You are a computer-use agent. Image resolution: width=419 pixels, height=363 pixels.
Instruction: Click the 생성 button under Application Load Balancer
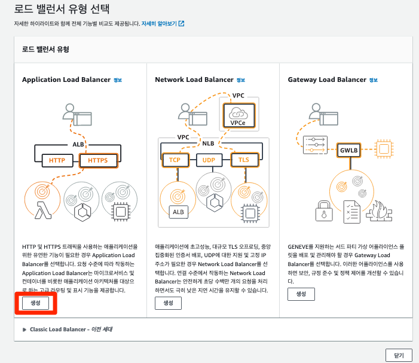(35, 303)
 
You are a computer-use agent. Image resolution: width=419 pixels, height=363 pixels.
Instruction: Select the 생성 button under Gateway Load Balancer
(301, 294)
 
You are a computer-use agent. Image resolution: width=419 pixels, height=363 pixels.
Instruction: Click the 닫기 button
(399, 355)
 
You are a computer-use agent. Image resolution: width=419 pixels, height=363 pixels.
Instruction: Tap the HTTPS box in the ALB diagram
(97, 160)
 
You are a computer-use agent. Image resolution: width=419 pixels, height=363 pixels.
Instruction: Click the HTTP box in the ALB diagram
(57, 160)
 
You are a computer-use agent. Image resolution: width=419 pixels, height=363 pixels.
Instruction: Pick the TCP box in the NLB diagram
(175, 160)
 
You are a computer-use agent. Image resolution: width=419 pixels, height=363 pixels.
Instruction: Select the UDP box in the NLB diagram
(209, 160)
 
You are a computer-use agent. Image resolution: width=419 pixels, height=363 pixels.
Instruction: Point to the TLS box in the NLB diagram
(243, 160)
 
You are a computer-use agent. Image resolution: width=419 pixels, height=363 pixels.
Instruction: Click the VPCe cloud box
(237, 115)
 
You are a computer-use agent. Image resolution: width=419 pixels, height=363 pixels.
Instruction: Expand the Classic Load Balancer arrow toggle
(25, 330)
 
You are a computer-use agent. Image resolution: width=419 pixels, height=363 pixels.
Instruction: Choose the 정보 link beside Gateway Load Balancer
(374, 80)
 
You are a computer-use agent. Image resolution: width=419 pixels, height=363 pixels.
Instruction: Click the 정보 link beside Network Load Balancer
(240, 80)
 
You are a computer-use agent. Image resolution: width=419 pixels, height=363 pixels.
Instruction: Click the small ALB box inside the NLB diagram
(178, 212)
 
